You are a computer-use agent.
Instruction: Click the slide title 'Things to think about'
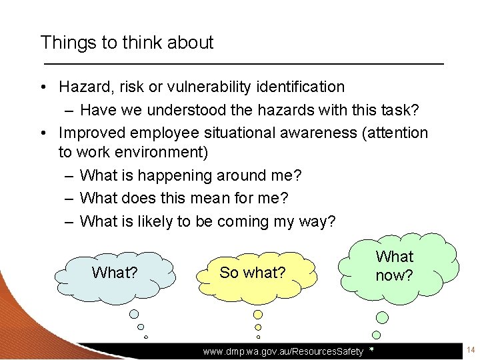pyautogui.click(x=127, y=43)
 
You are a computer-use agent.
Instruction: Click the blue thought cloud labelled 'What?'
pyautogui.click(x=114, y=273)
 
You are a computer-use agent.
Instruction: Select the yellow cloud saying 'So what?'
pyautogui.click(x=253, y=273)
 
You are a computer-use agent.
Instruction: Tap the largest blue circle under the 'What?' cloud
pyautogui.click(x=134, y=314)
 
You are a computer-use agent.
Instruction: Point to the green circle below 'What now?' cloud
pyautogui.click(x=377, y=335)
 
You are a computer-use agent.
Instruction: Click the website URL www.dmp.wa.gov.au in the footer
pyautogui.click(x=283, y=351)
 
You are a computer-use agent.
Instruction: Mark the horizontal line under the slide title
pyautogui.click(x=243, y=63)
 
